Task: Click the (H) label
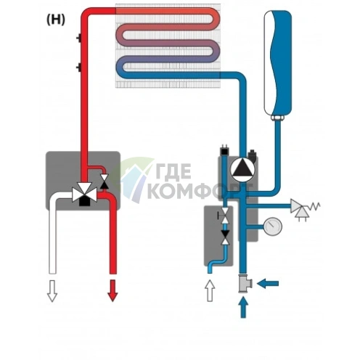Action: point(56,20)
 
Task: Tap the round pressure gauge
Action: point(273,226)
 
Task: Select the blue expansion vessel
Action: point(278,62)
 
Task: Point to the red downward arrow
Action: point(112,290)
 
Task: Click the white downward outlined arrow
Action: point(52,291)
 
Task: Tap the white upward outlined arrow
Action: point(210,290)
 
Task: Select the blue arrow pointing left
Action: point(268,283)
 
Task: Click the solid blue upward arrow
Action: point(243,307)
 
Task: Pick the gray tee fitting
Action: point(245,283)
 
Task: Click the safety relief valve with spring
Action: point(305,210)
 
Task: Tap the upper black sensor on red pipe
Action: point(79,38)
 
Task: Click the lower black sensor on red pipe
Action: point(79,67)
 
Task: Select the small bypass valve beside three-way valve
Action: point(105,181)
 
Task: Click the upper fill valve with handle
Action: point(224,215)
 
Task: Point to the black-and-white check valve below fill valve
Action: point(226,237)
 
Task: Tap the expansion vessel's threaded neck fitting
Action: point(277,118)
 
